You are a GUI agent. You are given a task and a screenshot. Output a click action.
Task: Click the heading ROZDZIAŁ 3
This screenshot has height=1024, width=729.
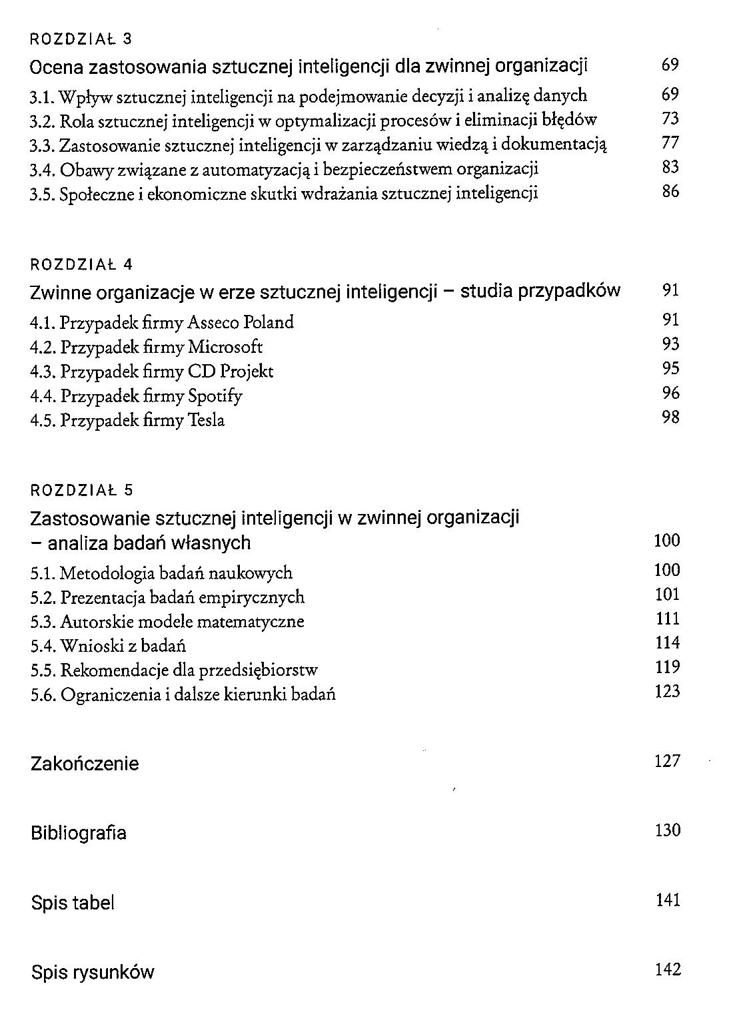81,39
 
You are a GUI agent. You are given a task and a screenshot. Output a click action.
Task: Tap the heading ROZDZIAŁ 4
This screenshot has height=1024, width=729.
81,264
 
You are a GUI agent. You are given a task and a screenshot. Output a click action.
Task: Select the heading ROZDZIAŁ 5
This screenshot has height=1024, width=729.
81,491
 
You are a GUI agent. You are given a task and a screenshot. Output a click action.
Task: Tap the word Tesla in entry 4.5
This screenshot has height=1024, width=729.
207,420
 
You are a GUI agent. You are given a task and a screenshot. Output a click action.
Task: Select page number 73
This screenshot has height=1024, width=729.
670,119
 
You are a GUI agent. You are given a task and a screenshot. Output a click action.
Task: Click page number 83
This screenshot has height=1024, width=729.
670,167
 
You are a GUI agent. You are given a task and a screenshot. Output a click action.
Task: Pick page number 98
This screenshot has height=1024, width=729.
670,417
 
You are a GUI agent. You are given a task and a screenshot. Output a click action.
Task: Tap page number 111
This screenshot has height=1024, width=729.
668,619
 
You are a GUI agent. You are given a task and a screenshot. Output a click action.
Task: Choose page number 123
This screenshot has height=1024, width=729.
668,691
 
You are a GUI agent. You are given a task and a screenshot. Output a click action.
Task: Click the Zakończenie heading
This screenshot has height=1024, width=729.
85,764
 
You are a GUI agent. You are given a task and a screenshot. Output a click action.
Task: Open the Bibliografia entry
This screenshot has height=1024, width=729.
79,833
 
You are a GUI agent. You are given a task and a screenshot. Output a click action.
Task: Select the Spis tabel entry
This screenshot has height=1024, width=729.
73,903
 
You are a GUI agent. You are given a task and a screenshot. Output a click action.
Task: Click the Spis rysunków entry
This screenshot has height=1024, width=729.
93,973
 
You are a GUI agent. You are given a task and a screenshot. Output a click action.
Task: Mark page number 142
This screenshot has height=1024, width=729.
668,969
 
